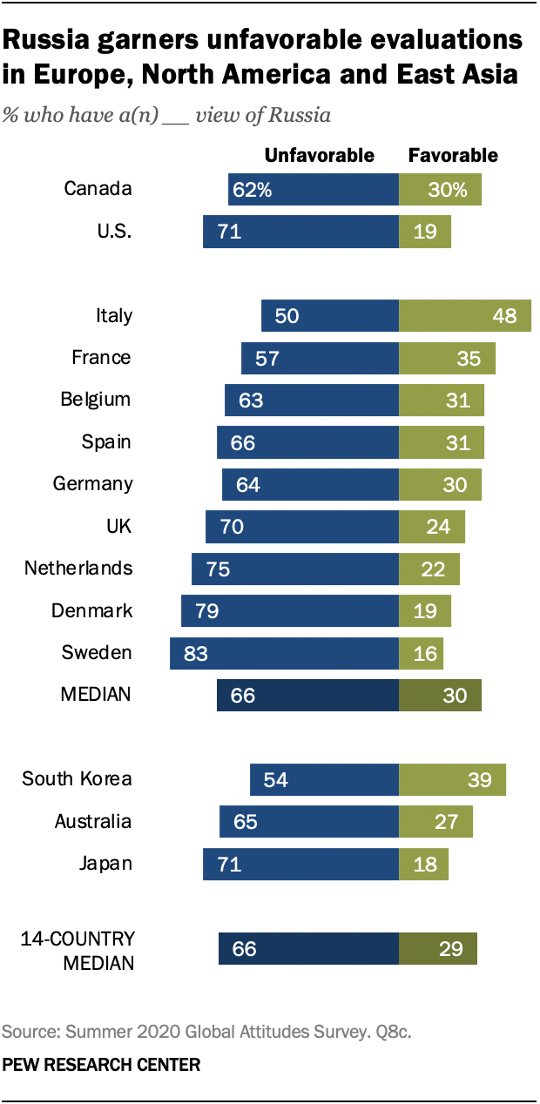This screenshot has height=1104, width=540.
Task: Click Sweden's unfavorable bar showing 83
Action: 284,653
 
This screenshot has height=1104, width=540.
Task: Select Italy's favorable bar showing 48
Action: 464,315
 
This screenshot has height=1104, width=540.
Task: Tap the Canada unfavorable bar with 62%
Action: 314,189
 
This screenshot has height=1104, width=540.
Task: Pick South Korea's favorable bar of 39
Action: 452,779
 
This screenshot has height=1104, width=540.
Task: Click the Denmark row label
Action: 91,610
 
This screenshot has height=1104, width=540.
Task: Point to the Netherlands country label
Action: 78,569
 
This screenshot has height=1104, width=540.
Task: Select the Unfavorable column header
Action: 319,155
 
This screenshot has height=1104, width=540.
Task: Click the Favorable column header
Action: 453,155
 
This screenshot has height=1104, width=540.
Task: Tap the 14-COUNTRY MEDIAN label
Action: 78,951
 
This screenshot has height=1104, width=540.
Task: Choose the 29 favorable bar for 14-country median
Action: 438,949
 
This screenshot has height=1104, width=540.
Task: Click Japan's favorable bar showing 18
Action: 423,864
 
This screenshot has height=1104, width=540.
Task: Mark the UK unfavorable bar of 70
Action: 302,526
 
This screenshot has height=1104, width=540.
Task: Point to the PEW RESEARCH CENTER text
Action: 101,1065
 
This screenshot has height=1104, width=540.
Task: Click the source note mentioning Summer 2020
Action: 206,1033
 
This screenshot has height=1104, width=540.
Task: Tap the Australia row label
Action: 92,821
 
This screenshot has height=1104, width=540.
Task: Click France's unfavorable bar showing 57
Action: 320,357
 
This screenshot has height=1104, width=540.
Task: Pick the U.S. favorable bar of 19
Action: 425,232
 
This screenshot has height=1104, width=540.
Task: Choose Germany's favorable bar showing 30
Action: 440,484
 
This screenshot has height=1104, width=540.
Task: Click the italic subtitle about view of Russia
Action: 166,116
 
